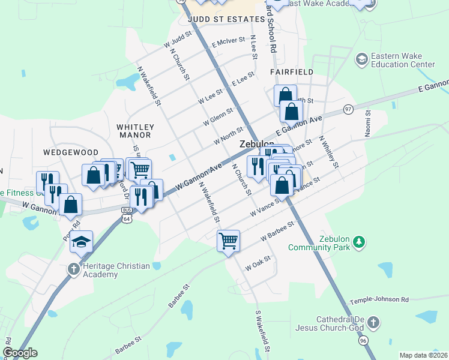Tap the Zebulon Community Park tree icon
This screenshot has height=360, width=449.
[x=359, y=242]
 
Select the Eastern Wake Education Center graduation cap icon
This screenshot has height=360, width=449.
[x=362, y=59]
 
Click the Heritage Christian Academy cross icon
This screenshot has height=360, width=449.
[x=73, y=268]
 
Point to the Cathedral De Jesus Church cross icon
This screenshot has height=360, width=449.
[x=373, y=323]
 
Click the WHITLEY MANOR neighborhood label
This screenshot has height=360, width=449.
[x=135, y=131]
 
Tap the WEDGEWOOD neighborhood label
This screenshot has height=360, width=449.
[x=66, y=153]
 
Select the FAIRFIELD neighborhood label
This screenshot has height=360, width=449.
[x=291, y=72]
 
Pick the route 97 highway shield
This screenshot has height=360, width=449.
[x=348, y=109]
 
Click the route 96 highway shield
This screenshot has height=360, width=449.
[x=363, y=339]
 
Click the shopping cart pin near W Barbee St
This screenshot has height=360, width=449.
[x=228, y=241]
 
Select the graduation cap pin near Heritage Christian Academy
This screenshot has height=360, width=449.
[x=82, y=242]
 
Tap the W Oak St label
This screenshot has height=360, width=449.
[x=259, y=264]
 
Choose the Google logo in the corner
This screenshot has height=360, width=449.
[x=20, y=353]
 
